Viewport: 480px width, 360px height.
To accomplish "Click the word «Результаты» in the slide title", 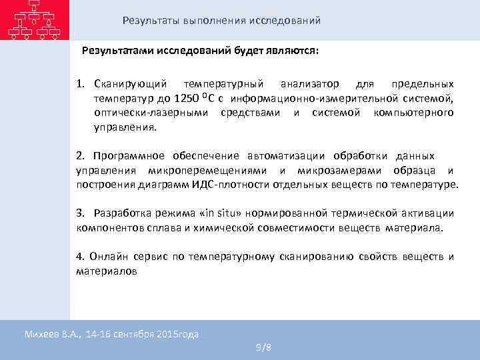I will pos(151,21).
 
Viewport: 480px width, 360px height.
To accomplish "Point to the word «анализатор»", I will pos(309,85).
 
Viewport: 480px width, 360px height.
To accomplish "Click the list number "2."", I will pos(81,155).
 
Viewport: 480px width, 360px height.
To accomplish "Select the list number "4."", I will pos(81,257).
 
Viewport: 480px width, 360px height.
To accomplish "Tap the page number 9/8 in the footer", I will pos(263,348).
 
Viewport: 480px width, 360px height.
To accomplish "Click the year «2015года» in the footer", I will pos(179,334).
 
